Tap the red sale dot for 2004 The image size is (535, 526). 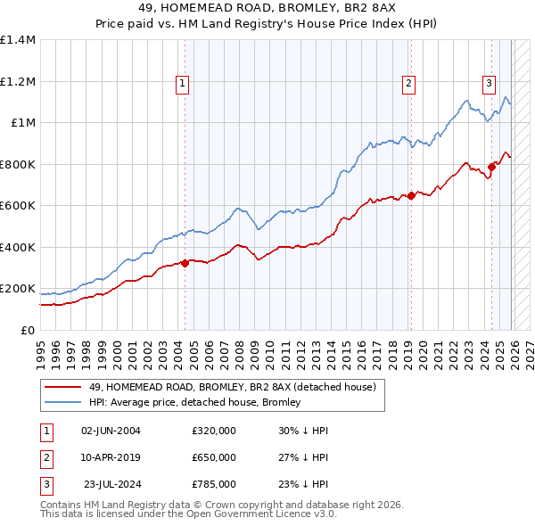(x=185, y=263)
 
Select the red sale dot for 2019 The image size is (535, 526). (x=411, y=196)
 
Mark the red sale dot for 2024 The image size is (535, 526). (x=491, y=167)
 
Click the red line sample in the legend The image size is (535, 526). (x=63, y=387)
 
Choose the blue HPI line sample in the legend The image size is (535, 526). (x=63, y=402)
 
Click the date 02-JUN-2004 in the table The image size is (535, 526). (x=111, y=431)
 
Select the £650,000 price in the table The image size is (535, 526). (x=213, y=457)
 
